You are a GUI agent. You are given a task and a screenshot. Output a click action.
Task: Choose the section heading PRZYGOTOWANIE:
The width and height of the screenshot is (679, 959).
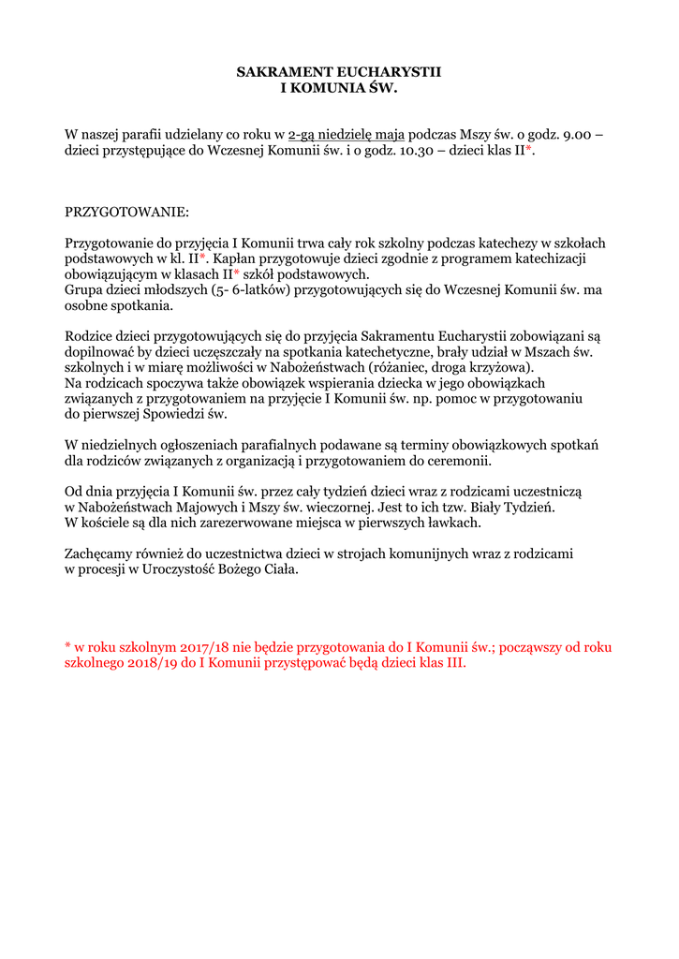pyautogui.click(x=126, y=213)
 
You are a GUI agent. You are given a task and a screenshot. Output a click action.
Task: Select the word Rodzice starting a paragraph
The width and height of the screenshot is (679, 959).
pyautogui.click(x=91, y=336)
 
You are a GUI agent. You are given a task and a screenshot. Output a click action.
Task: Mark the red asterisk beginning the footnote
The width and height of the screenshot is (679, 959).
pyautogui.click(x=68, y=646)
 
